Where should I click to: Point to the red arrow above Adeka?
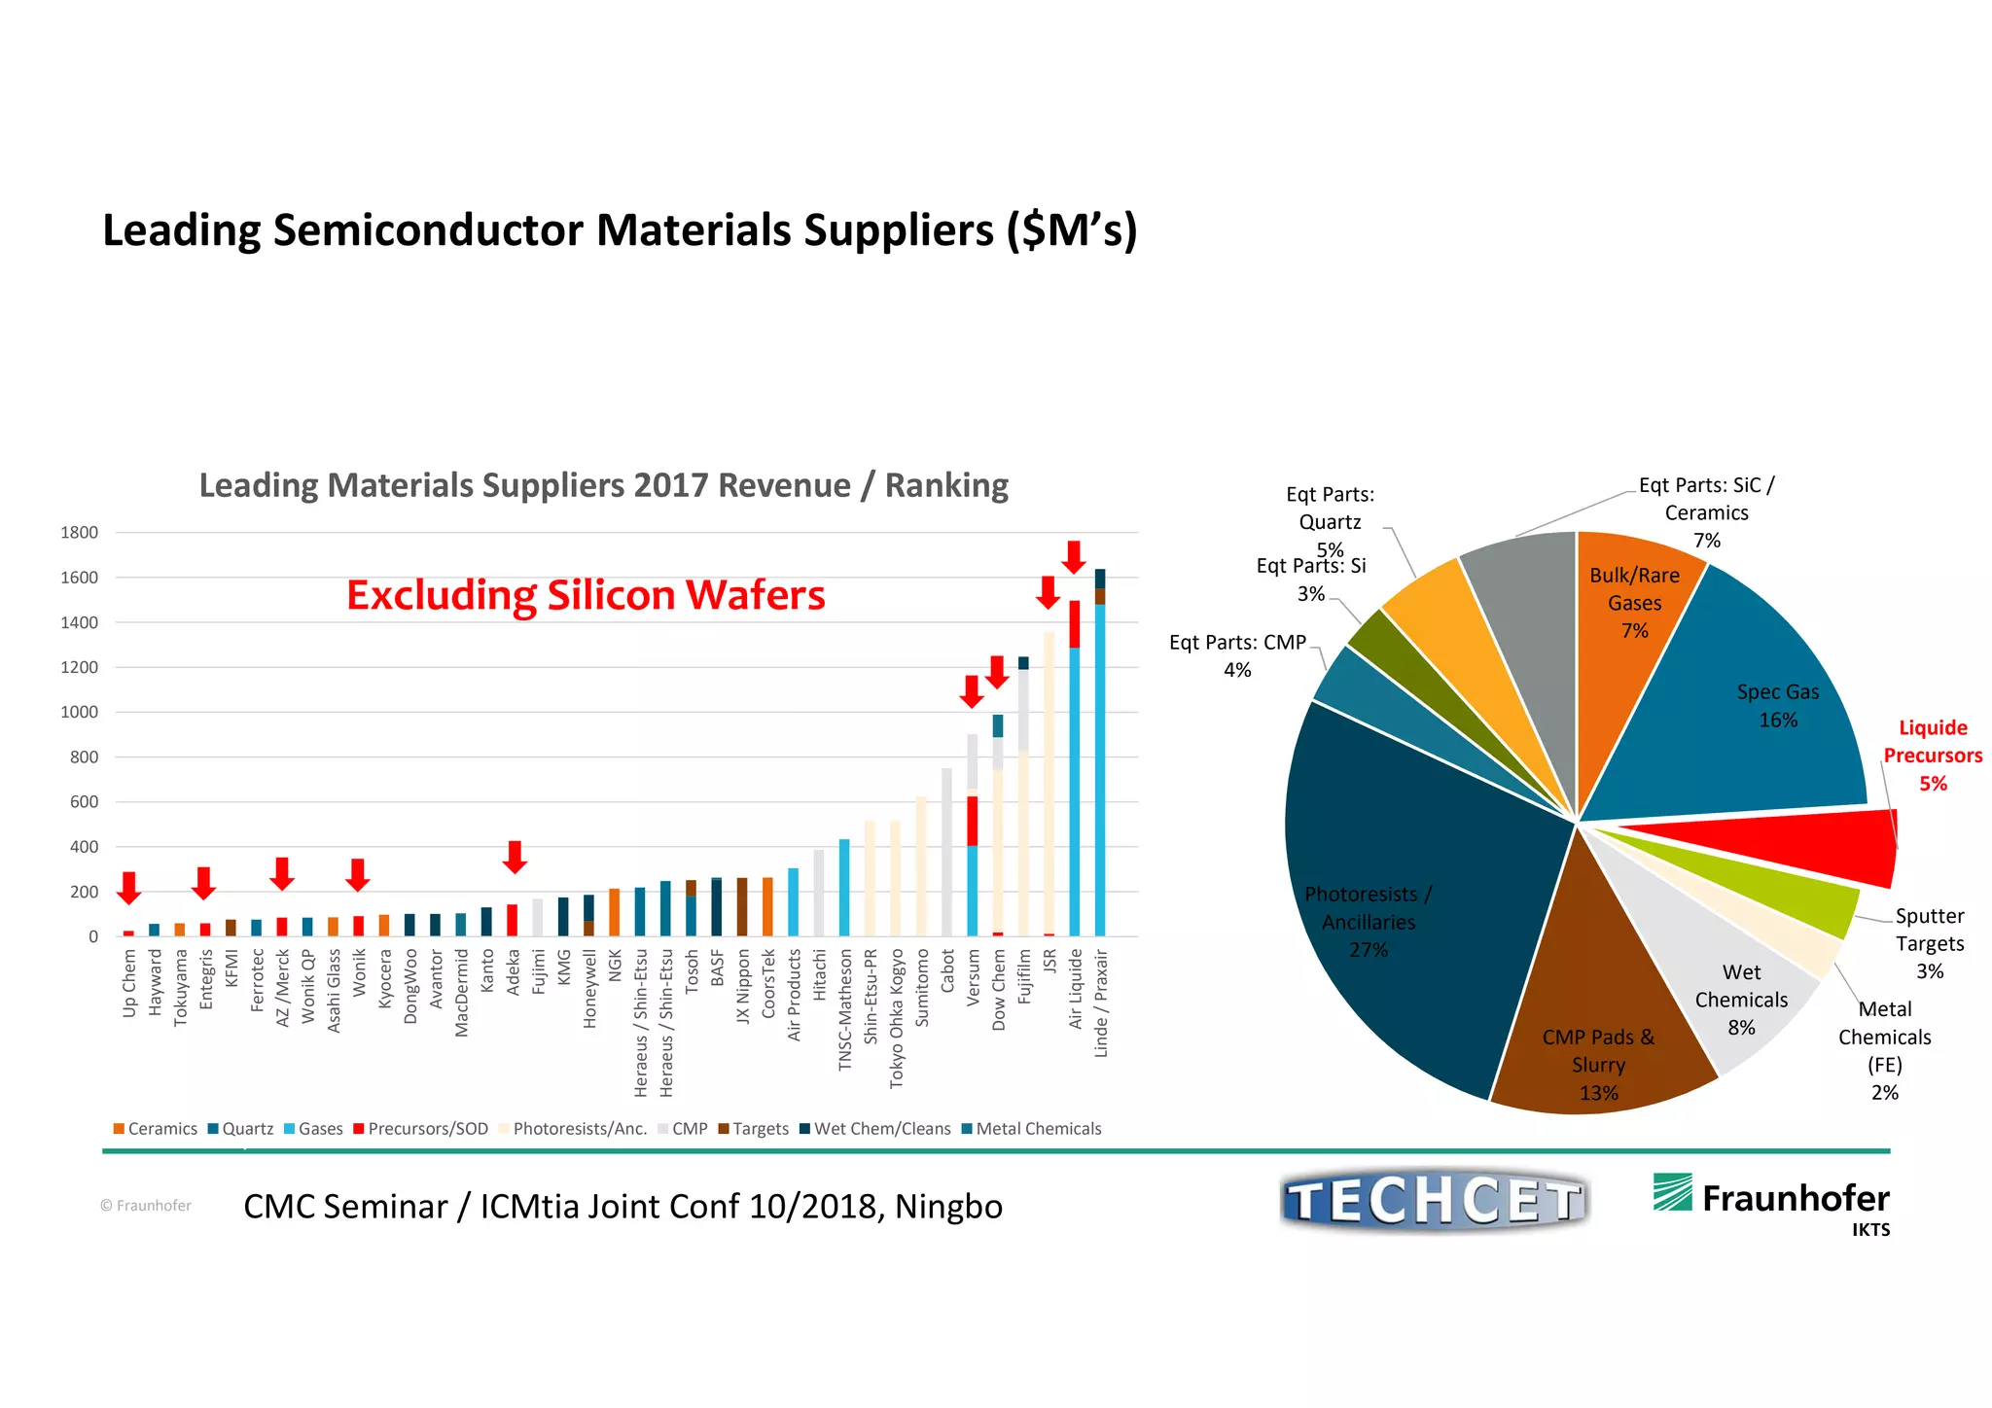tap(515, 857)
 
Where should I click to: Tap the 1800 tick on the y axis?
tap(80, 533)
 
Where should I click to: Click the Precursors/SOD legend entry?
tap(420, 1129)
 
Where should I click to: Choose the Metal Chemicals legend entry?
tap(1031, 1129)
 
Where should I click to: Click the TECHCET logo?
tap(1434, 1201)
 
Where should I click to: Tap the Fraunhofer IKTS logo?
tap(1772, 1201)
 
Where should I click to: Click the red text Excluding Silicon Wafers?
tap(586, 595)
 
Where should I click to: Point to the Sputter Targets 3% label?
tap(1929, 943)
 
